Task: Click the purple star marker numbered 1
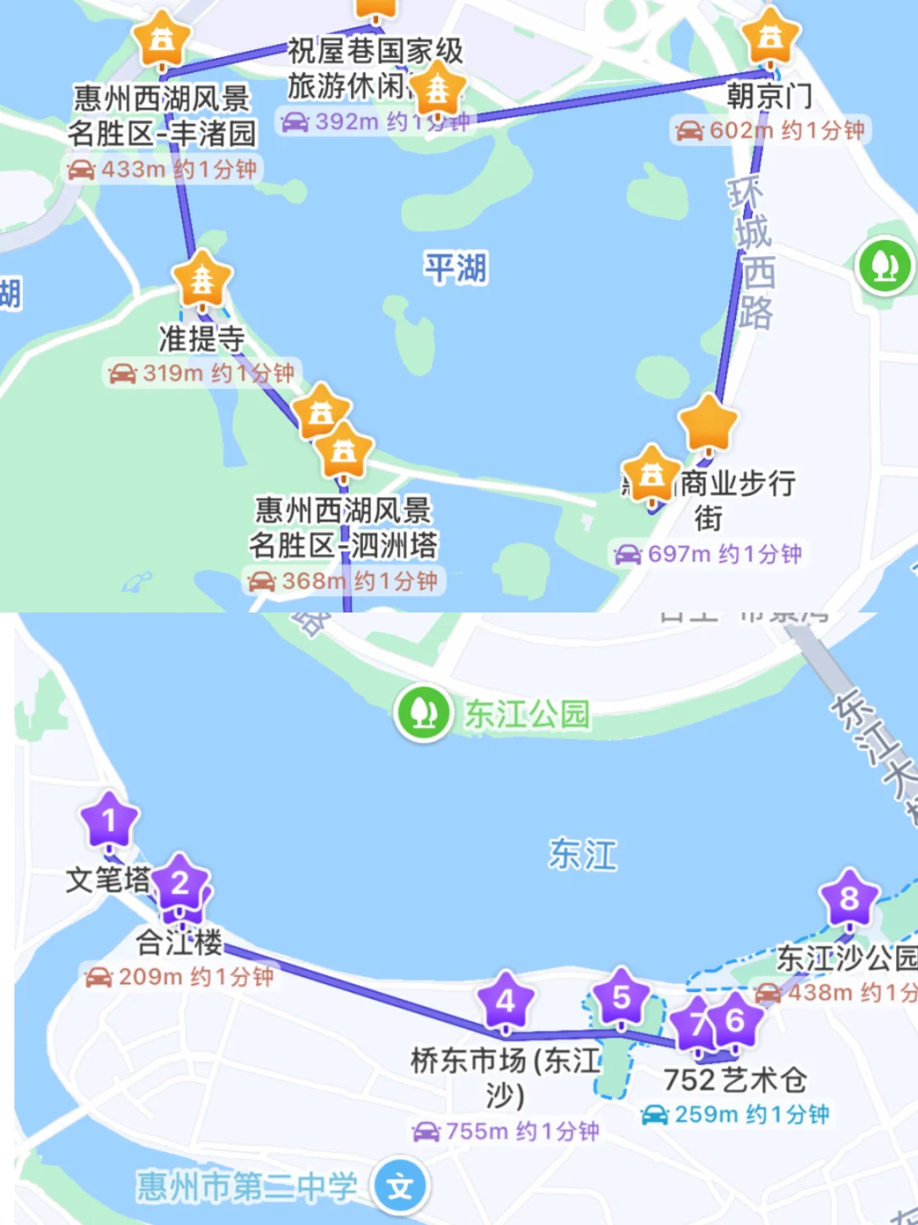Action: pos(109,821)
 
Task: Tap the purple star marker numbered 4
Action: pos(506,1000)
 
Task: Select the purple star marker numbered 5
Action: pos(621,997)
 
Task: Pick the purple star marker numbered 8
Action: pos(849,898)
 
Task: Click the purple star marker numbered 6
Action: pos(735,1020)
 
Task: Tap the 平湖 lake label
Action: pos(456,269)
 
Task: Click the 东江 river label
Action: pos(583,854)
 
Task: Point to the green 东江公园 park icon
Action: pos(423,713)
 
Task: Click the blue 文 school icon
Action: pos(400,1187)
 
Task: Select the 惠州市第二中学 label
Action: pos(246,1187)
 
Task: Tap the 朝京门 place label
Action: pos(769,96)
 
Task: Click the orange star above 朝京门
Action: pos(770,37)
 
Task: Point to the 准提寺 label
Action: pos(201,339)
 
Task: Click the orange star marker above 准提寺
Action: pos(202,279)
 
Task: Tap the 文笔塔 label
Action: pos(108,879)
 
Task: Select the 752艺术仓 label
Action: pos(735,1080)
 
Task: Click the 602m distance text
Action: pos(740,130)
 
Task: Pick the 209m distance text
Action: pos(150,977)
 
